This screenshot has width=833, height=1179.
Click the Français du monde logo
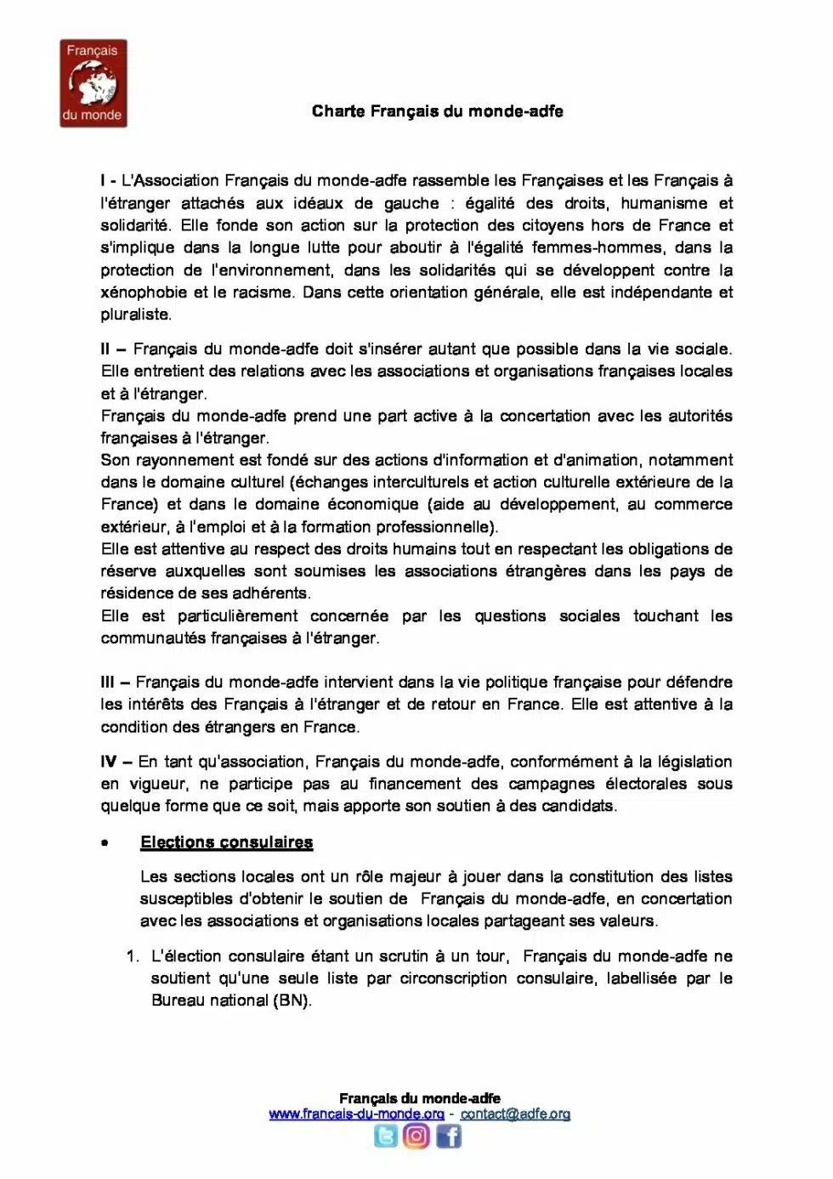(x=93, y=83)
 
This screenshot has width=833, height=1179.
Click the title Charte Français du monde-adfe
(x=437, y=111)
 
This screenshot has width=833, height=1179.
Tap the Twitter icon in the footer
(x=386, y=1136)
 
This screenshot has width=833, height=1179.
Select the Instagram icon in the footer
(x=416, y=1136)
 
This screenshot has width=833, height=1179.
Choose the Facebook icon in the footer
(x=449, y=1136)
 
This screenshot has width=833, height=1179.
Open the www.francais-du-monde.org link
(x=356, y=1114)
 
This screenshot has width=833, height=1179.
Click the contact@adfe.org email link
(x=515, y=1114)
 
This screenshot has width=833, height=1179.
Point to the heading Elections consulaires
(x=226, y=842)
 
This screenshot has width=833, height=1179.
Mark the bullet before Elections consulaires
(x=105, y=843)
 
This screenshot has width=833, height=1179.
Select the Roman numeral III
(x=107, y=682)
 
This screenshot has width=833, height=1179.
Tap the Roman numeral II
(x=105, y=349)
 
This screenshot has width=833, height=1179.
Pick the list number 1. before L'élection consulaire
(x=133, y=956)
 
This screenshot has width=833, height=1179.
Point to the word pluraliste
(x=136, y=315)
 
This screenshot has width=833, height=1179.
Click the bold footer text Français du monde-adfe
(x=419, y=1098)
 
